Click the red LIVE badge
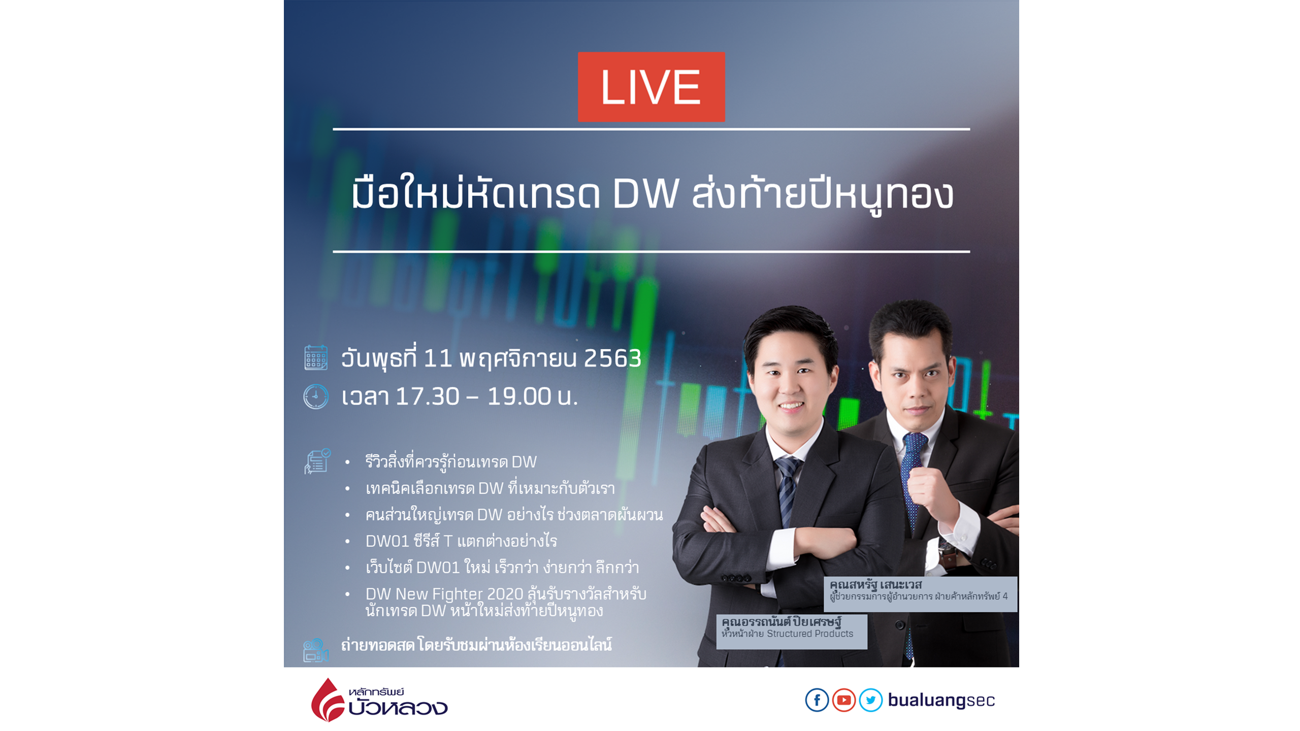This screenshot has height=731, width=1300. point(651,87)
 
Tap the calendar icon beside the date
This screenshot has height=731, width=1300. point(315,357)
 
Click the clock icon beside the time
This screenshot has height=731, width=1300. point(315,396)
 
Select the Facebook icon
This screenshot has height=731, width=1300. point(817,700)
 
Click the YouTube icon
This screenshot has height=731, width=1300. point(843,700)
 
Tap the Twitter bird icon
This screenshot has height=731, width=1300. point(870,700)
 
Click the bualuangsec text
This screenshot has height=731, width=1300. point(941,700)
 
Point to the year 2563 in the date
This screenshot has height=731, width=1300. point(612,358)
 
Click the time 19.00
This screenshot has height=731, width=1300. point(519,396)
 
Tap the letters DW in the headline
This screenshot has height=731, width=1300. point(645,193)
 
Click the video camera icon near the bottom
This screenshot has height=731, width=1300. point(315,650)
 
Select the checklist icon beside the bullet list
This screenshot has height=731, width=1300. point(317,461)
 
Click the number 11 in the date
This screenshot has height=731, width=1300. point(438,358)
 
